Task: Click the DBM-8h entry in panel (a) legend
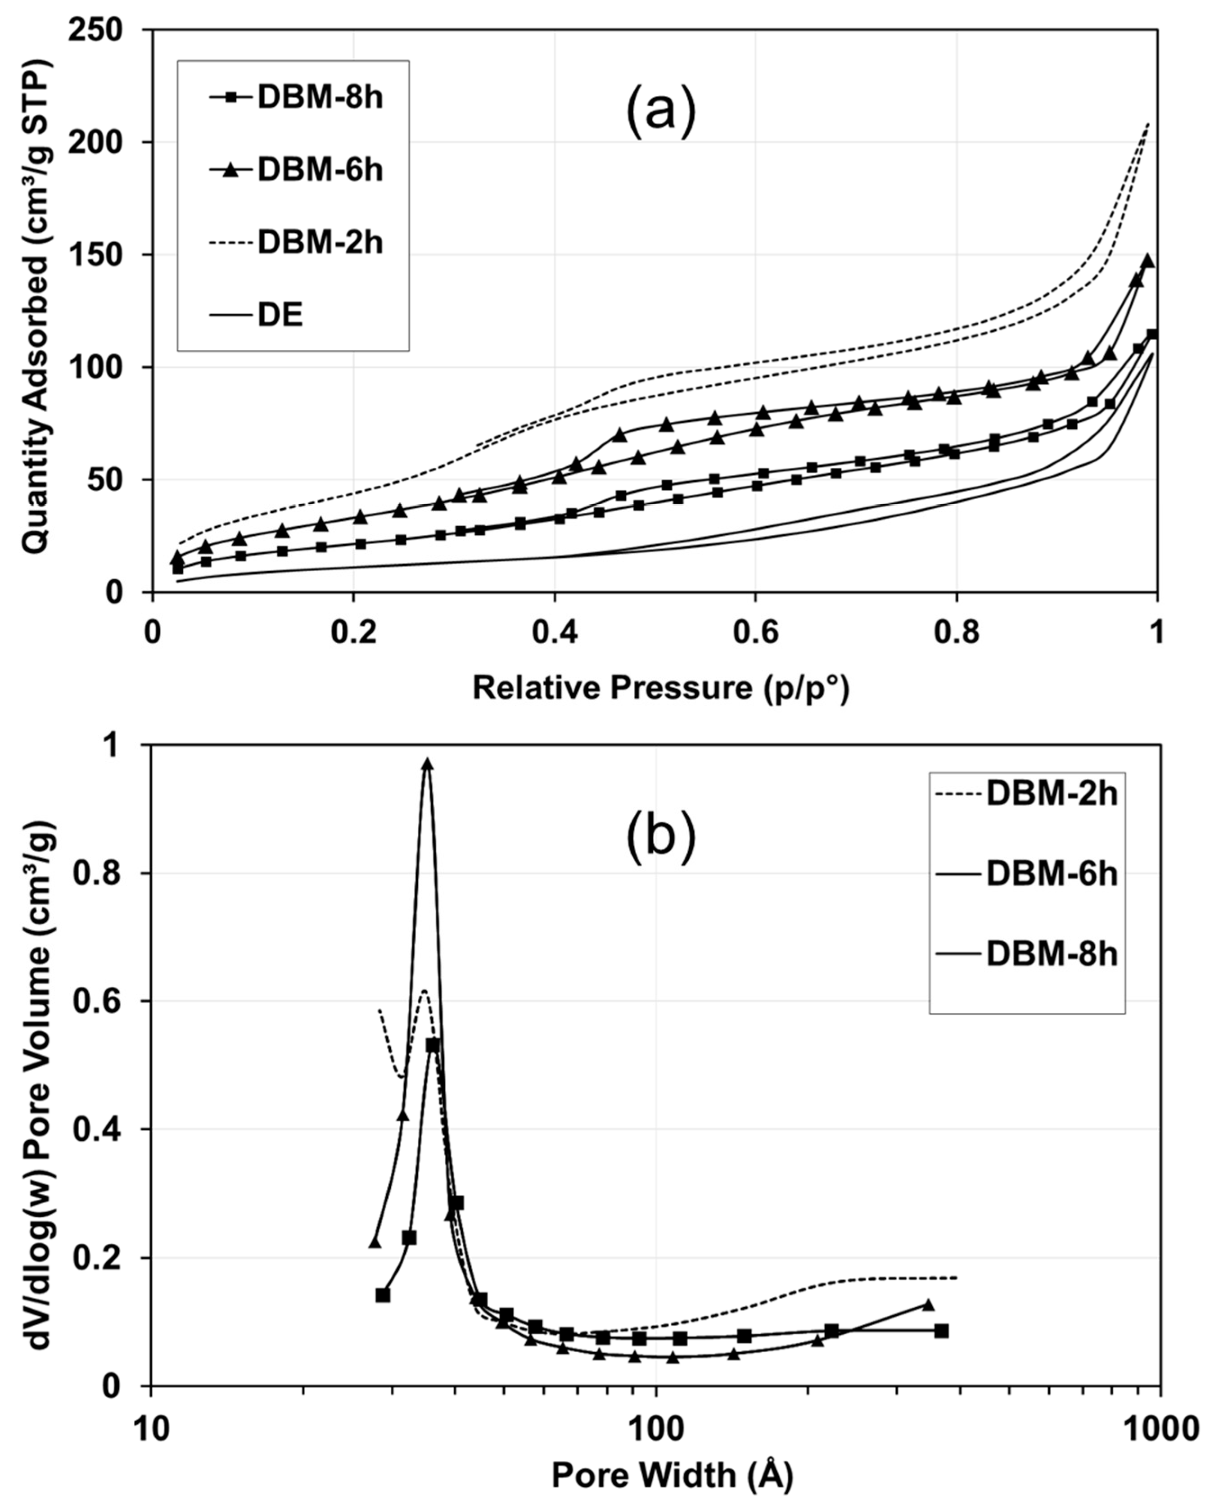320,98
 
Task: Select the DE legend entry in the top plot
280,316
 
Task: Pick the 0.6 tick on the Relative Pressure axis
755,633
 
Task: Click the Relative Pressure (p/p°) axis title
660,689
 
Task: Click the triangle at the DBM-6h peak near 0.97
427,764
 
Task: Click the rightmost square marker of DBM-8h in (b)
941,1331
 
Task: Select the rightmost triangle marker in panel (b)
928,1305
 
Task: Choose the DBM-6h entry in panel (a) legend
320,171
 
